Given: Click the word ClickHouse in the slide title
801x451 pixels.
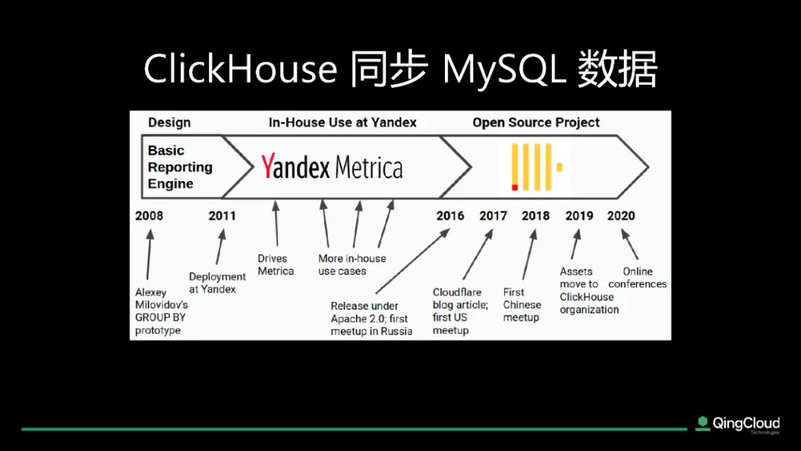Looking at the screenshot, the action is click(x=240, y=68).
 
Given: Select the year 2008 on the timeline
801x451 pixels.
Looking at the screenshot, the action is click(x=149, y=216).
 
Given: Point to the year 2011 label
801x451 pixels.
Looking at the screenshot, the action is click(x=222, y=216).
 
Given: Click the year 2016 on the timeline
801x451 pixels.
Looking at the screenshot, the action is click(x=450, y=216).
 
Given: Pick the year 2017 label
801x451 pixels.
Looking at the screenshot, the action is click(x=493, y=216).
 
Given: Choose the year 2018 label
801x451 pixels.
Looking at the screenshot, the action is click(x=535, y=216).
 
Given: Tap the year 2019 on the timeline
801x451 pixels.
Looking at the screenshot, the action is click(x=579, y=216).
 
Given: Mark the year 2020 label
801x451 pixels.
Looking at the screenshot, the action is click(x=622, y=216).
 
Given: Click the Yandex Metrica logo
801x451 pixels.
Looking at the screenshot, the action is click(x=332, y=166).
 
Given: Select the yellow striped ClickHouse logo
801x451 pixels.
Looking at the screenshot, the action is click(x=536, y=167).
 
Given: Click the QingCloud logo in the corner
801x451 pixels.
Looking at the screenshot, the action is click(x=738, y=424).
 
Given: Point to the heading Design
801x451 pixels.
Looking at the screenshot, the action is click(x=169, y=122).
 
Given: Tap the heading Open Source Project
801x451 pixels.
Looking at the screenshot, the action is click(x=536, y=122).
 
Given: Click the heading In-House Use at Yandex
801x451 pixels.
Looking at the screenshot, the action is click(x=342, y=122).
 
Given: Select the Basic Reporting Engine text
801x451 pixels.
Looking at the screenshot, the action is click(x=179, y=167).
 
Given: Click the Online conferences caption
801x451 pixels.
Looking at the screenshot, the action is click(x=638, y=277).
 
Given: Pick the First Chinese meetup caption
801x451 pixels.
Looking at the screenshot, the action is click(x=521, y=304).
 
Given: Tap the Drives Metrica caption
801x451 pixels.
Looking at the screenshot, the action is click(x=275, y=265).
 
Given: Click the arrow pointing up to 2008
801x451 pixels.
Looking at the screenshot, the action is click(x=148, y=254).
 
